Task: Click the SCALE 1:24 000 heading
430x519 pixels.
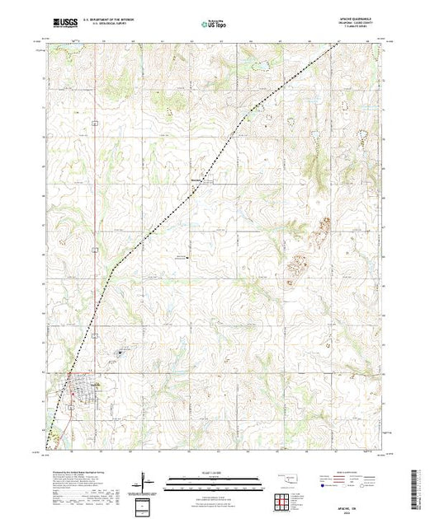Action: pyautogui.click(x=214, y=474)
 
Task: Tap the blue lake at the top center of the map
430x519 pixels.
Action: pyautogui.click(x=251, y=65)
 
